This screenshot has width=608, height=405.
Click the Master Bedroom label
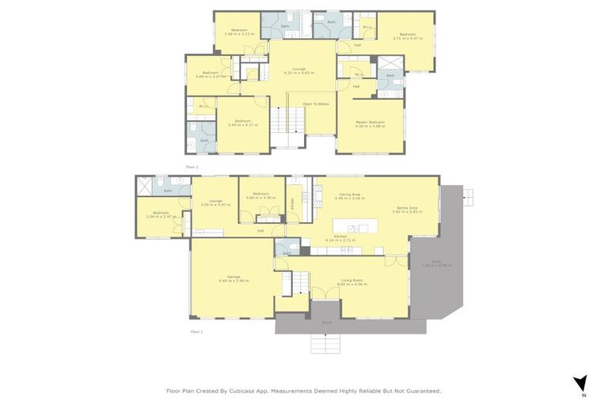tap(370, 123)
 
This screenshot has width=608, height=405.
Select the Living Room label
tap(352, 281)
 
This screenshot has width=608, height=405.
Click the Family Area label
tap(408, 210)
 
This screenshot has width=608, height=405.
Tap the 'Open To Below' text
tap(315, 104)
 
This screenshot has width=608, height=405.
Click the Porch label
tap(327, 323)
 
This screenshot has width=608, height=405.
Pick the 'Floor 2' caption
tap(190, 168)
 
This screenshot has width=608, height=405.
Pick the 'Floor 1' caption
tap(196, 332)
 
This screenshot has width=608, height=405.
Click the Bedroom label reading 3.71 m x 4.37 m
tap(408, 36)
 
